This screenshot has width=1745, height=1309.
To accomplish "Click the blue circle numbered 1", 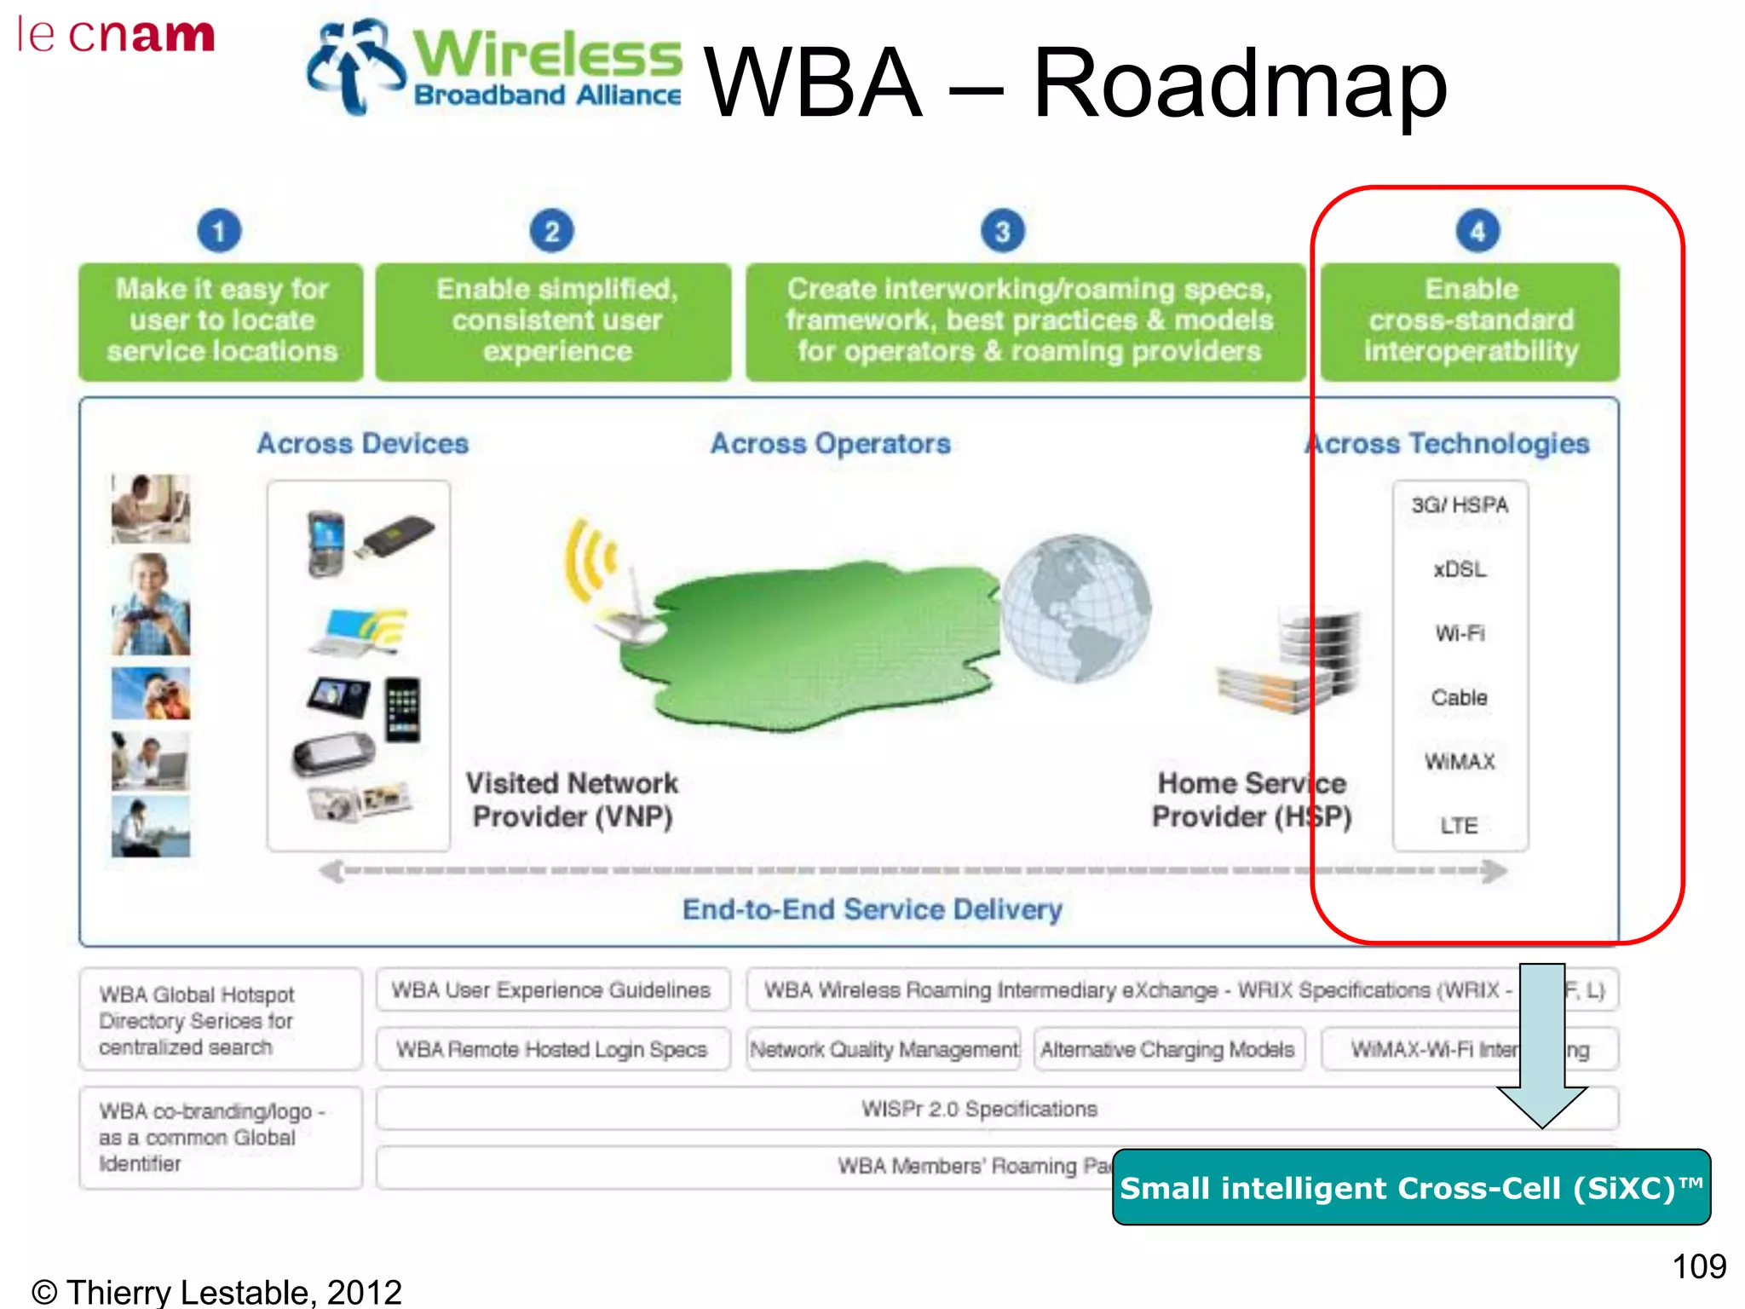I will (219, 231).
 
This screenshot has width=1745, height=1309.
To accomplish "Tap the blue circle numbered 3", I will (1002, 231).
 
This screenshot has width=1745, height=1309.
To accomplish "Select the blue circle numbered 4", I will (1477, 231).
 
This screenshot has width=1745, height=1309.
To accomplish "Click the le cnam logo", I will (117, 36).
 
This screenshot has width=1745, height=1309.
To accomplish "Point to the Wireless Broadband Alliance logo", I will (495, 67).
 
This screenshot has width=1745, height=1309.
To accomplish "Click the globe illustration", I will (1075, 608).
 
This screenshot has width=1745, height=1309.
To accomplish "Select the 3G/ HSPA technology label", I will (1460, 505).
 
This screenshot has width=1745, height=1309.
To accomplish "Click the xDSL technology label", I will (1460, 569).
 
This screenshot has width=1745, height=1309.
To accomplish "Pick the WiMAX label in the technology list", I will (1460, 761).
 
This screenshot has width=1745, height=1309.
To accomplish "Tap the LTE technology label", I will (1460, 825).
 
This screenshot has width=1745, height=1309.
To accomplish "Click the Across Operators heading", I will (831, 443).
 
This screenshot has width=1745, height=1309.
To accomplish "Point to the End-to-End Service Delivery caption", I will (872, 909).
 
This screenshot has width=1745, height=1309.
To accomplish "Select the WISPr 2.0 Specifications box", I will (980, 1109).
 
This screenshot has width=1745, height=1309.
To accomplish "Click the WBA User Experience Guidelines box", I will (552, 990).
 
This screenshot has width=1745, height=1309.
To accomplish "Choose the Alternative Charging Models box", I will (1167, 1049).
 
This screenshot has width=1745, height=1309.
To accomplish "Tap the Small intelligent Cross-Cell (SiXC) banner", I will (1411, 1188).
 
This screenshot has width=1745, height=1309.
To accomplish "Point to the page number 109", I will (1699, 1266).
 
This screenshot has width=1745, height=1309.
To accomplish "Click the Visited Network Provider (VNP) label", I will (572, 799).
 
